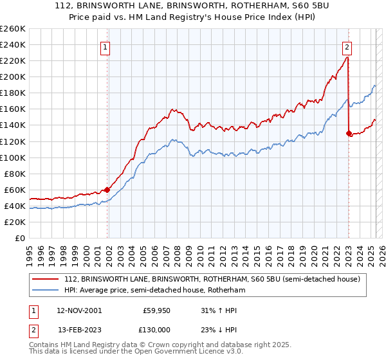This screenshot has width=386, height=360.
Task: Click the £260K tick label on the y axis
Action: [x=12, y=28]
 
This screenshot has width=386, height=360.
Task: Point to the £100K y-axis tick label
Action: [x=12, y=157]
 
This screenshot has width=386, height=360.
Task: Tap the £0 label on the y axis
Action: [x=19, y=238]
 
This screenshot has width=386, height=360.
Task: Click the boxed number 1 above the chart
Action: [x=105, y=46]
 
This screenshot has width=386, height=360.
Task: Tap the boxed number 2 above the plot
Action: [x=347, y=46]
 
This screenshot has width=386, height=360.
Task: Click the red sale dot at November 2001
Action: [x=107, y=190]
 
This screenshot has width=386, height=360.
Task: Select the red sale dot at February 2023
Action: [x=349, y=133]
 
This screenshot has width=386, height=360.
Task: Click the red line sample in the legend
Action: [x=46, y=280]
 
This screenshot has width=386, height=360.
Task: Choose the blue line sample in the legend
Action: [x=46, y=291]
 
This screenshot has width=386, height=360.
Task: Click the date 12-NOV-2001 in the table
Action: [x=79, y=310]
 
